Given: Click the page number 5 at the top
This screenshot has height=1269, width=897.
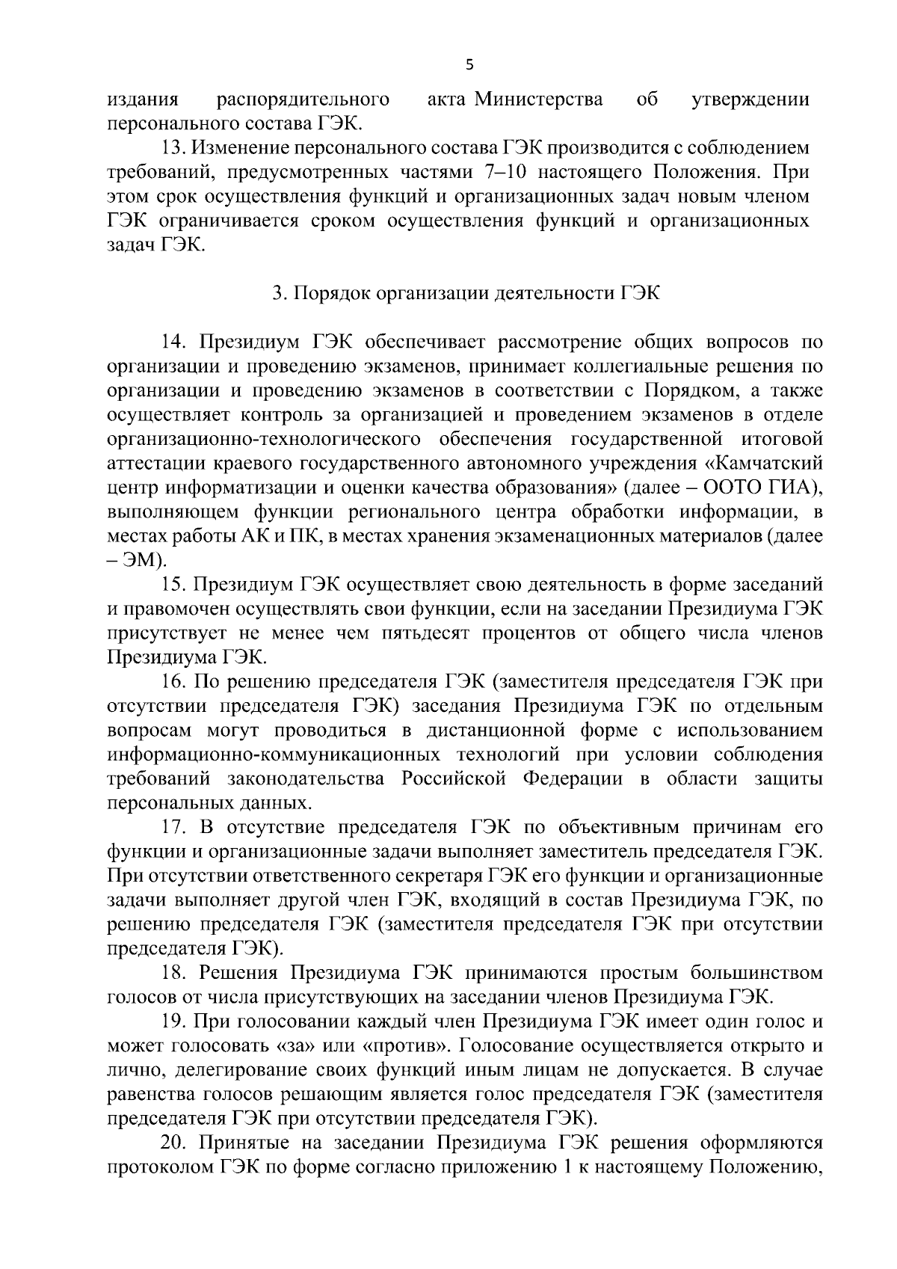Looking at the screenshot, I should [x=469, y=65].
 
